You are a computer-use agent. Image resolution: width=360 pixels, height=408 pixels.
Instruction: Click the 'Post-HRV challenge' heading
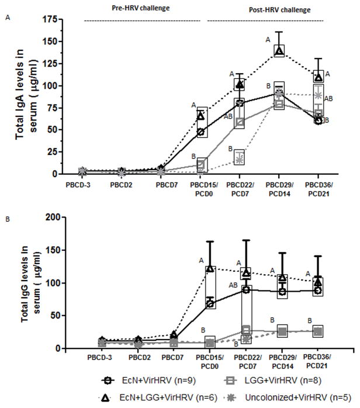[x=285, y=10]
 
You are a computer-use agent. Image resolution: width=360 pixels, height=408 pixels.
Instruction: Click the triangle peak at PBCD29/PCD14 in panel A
[x=279, y=51]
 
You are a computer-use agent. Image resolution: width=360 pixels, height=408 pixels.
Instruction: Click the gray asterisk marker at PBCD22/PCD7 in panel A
[x=239, y=159]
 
